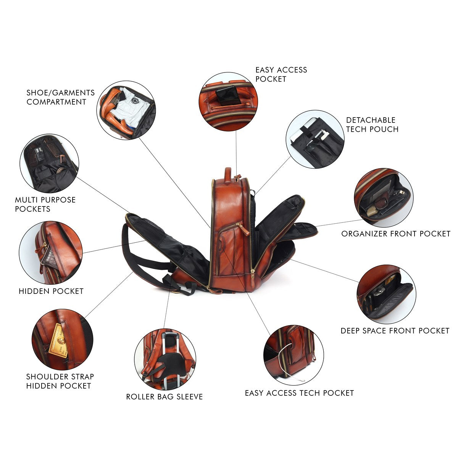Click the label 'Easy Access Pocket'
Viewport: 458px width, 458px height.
pos(281,74)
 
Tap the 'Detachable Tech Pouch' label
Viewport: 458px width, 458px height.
pos(372,124)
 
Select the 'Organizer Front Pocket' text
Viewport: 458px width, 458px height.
pos(396,234)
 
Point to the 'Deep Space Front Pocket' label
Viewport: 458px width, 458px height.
pos(395,331)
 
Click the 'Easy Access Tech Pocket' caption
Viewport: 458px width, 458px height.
pos(299,393)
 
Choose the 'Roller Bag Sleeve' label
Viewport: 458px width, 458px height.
pos(164,397)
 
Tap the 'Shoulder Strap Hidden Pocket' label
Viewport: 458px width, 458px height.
pos(60,381)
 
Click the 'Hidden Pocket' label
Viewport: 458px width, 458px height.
pos(51,291)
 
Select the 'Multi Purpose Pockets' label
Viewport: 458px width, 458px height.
pos(45,205)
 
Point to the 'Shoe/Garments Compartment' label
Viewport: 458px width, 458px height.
pos(61,97)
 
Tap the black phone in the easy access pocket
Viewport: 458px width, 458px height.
pos(228,95)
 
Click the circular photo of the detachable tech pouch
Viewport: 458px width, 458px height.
pos(315,139)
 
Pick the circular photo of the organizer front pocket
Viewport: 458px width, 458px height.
pos(384,197)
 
